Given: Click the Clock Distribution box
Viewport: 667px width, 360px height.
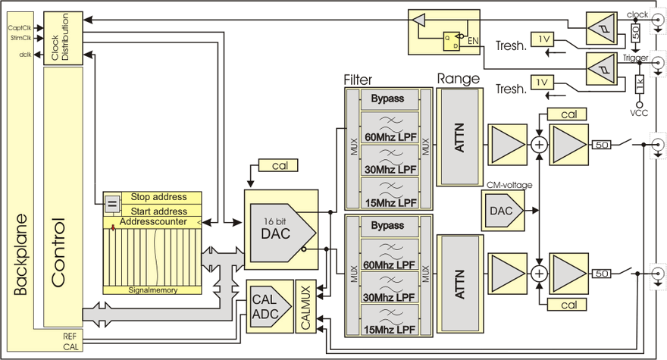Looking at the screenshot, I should click(61, 38).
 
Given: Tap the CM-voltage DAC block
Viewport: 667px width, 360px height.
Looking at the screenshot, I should click(502, 208).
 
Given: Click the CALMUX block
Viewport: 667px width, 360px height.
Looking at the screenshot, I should click(305, 306).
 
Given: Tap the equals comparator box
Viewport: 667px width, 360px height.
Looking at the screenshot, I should click(111, 203).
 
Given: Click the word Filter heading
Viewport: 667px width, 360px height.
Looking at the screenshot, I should click(358, 79).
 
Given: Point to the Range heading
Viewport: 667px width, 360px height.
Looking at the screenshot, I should click(458, 79).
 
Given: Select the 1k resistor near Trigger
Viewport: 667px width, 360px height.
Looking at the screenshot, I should click(639, 81).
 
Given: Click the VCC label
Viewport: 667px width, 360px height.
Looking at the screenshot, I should click(639, 112).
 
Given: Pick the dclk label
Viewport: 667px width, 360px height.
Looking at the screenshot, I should click(25, 55).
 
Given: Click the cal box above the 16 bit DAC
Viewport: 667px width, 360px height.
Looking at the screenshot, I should click(278, 164).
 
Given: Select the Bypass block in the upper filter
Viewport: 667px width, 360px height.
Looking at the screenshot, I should click(387, 99).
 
